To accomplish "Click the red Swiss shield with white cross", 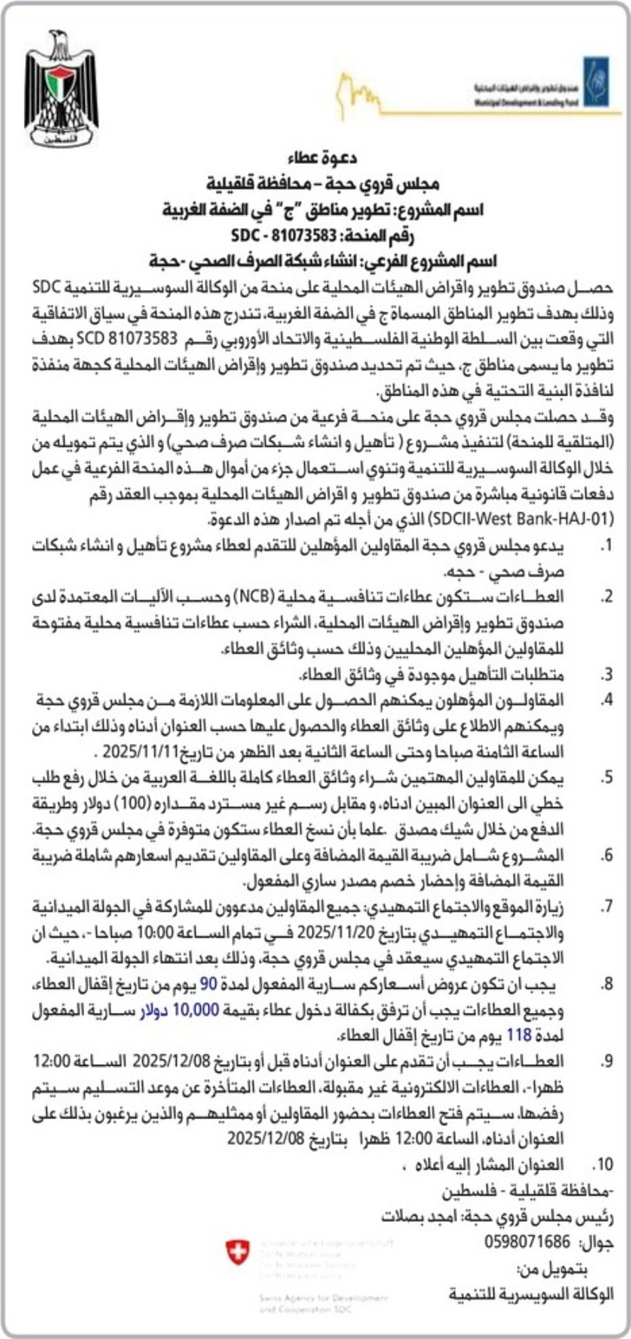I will click(x=237, y=1251).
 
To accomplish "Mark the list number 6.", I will click(x=608, y=854).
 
